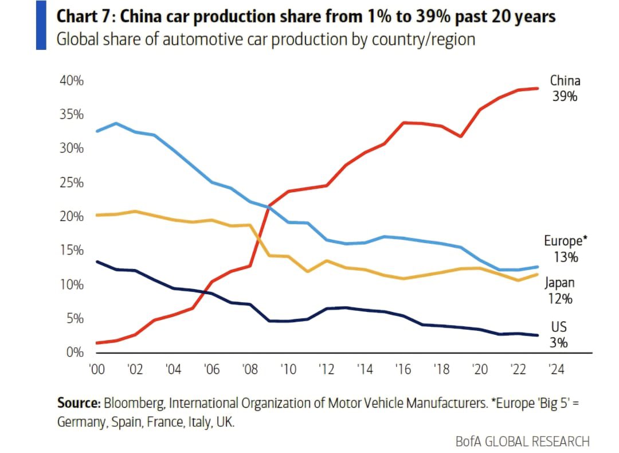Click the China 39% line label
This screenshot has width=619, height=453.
point(565,88)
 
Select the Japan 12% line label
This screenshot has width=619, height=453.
point(559,290)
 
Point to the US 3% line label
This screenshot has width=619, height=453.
point(559,335)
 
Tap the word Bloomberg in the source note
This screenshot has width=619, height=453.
point(135,403)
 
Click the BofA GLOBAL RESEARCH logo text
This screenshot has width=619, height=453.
point(522,441)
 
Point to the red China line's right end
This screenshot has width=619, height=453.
point(537,88)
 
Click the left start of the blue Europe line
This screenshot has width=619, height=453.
point(97,131)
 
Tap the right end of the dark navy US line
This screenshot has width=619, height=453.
point(537,335)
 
